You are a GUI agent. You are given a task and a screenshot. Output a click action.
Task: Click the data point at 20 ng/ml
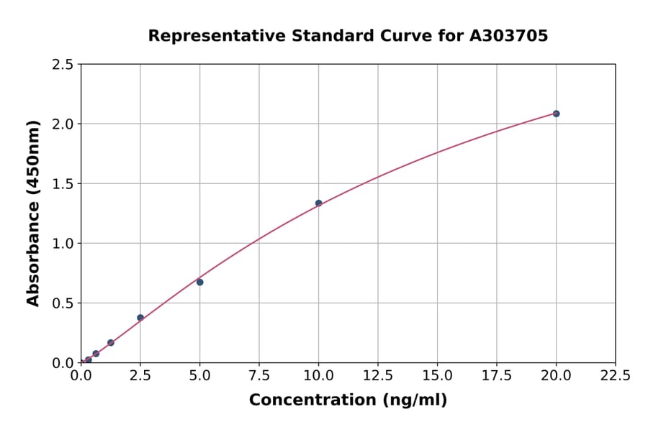[556, 114]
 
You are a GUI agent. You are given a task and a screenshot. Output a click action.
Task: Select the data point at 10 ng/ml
[318, 203]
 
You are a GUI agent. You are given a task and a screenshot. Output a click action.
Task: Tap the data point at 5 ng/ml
[199, 282]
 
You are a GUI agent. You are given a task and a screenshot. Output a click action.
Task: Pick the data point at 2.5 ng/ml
[140, 318]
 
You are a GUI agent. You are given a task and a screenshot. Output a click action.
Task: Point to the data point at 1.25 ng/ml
[111, 343]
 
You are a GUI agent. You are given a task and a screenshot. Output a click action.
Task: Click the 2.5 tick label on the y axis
[63, 65]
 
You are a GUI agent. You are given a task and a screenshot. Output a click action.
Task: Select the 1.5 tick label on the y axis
[63, 184]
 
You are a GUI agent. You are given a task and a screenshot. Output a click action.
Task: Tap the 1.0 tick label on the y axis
[63, 244]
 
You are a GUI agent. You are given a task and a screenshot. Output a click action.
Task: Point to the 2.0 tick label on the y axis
[63, 124]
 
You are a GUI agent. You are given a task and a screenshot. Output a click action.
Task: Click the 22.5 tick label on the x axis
[615, 375]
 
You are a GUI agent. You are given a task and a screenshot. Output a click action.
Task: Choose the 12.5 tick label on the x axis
[377, 375]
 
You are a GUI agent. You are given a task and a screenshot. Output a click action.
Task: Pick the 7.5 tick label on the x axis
[259, 375]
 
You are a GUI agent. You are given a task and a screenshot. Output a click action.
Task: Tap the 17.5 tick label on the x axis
[496, 375]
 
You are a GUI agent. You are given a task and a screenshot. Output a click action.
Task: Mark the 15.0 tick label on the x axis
[437, 375]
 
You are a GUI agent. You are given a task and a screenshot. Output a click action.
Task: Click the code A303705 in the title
[508, 35]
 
